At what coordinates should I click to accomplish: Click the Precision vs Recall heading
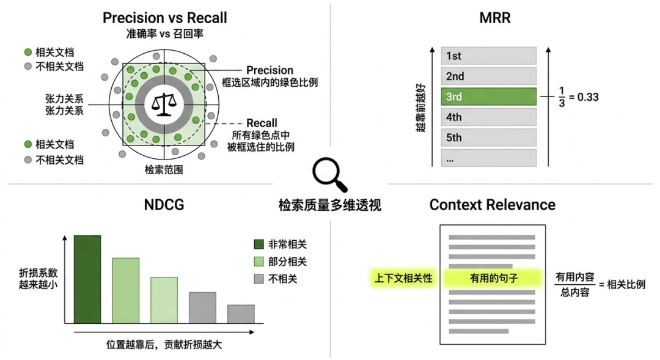click(x=164, y=18)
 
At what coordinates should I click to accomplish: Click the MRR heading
click(x=494, y=18)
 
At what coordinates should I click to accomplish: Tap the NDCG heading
click(x=164, y=204)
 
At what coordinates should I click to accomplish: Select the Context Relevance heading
click(x=492, y=204)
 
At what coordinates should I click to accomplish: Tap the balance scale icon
click(x=164, y=105)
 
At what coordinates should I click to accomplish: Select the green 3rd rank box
click(x=488, y=97)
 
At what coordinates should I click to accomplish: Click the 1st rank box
click(x=488, y=56)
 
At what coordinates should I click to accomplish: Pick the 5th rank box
click(x=488, y=138)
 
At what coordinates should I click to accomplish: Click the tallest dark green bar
click(x=87, y=279)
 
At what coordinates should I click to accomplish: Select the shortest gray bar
click(x=241, y=314)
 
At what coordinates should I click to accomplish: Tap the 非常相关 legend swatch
click(x=259, y=244)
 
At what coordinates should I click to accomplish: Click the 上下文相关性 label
click(x=403, y=278)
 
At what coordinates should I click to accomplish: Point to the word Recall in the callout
click(x=262, y=123)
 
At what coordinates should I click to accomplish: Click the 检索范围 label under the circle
click(x=164, y=169)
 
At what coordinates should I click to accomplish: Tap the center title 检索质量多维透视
click(x=329, y=205)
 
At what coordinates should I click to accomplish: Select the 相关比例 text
click(x=626, y=284)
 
